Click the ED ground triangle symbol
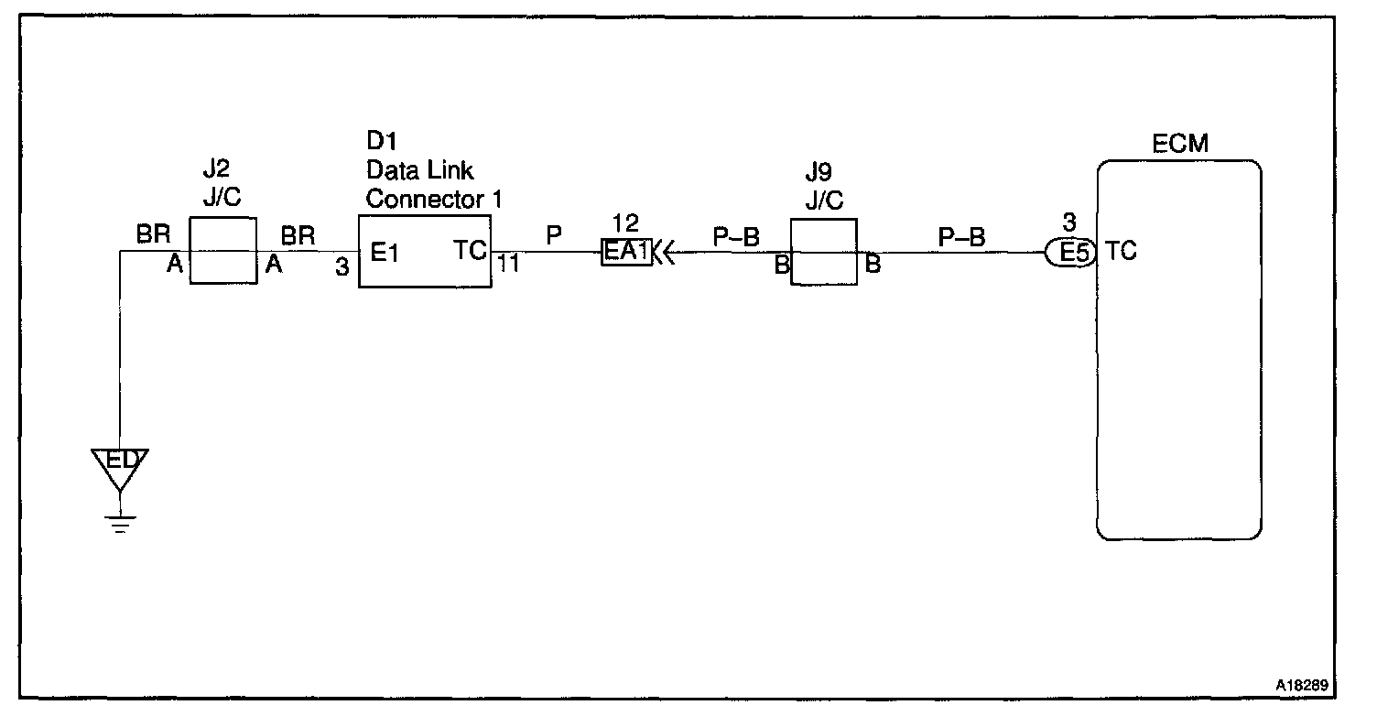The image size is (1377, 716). (x=120, y=463)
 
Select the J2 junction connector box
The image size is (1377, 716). (x=222, y=251)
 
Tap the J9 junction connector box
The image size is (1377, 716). (x=823, y=252)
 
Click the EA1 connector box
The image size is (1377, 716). (x=626, y=252)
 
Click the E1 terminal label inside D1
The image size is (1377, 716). (x=385, y=252)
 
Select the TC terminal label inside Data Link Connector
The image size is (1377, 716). (x=471, y=252)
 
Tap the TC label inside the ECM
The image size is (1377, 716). (x=1122, y=251)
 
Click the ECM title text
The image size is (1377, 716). (x=1180, y=144)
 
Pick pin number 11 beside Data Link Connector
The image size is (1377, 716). (x=508, y=266)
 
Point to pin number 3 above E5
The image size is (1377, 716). (x=1069, y=223)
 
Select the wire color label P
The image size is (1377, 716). (x=553, y=235)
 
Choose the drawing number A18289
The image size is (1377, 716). (x=1303, y=684)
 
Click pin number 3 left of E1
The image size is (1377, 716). (x=342, y=267)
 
